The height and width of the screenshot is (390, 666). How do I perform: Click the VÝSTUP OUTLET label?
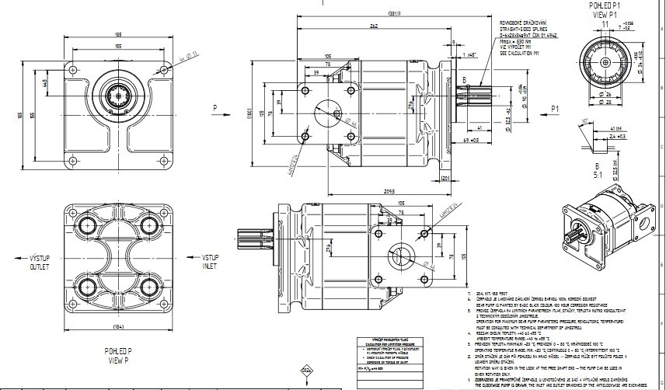coord(40,261)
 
